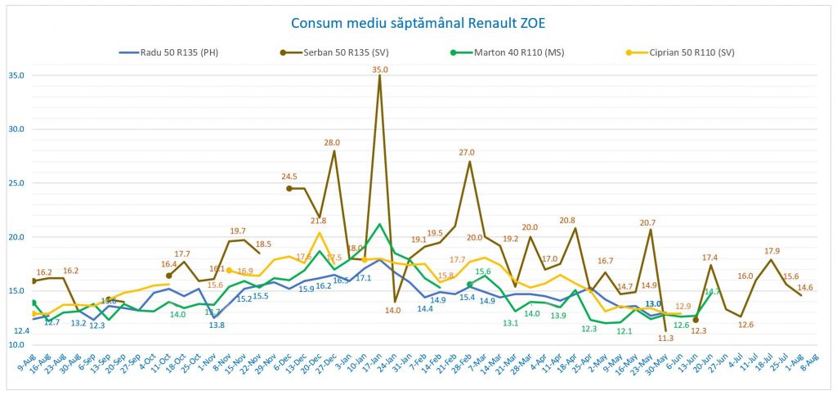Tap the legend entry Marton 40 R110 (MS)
pyautogui.click(x=523, y=52)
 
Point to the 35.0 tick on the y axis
pyautogui.click(x=15, y=75)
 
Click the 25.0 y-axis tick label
pyautogui.click(x=15, y=183)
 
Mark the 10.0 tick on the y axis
pyautogui.click(x=15, y=345)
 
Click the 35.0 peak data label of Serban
pyautogui.click(x=380, y=70)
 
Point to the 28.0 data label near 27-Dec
pyautogui.click(x=332, y=142)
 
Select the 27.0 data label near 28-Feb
pyautogui.click(x=467, y=152)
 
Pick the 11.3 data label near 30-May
pyautogui.click(x=665, y=338)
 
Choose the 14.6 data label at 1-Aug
pyautogui.click(x=805, y=287)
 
